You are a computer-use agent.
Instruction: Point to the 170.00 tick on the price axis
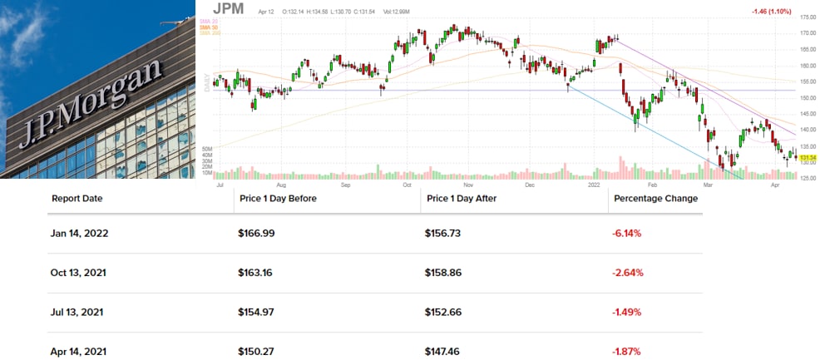(808, 33)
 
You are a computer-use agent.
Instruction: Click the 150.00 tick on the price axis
(808, 97)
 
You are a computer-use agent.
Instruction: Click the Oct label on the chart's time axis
(408, 185)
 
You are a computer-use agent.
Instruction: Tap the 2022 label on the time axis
(595, 185)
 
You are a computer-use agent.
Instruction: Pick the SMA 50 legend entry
(208, 27)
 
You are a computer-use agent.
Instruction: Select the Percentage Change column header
(655, 199)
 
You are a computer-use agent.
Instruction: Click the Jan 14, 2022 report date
(80, 234)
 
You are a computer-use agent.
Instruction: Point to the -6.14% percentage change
(627, 234)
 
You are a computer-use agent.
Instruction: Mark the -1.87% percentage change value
(627, 352)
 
